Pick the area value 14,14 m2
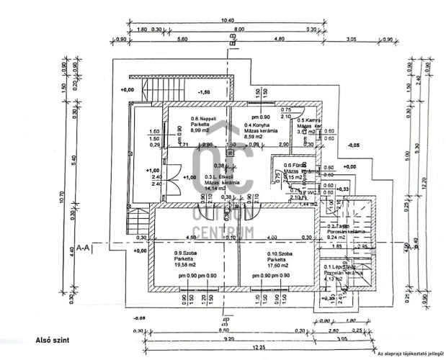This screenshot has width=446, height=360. point(215,189)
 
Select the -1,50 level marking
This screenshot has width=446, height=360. point(204,93)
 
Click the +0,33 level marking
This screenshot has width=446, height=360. point(343,189)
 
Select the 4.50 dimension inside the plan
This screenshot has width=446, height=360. point(191,238)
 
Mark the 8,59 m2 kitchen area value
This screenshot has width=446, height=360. point(254,136)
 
